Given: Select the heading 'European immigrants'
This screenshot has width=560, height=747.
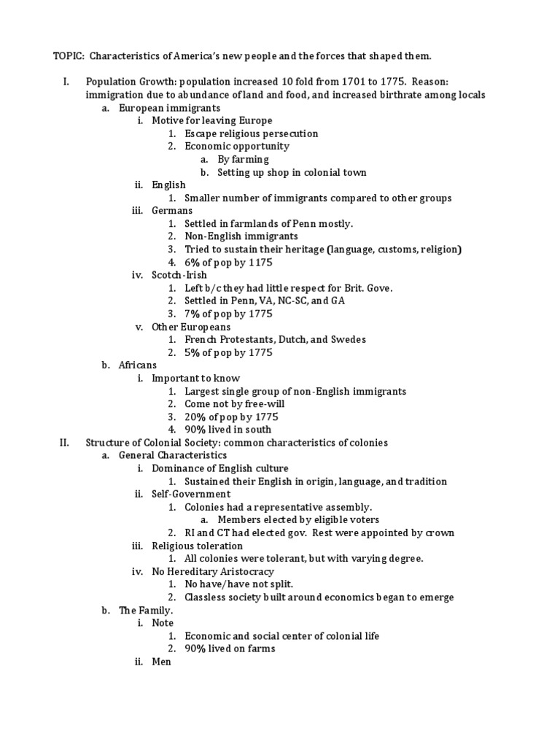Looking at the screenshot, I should [159, 107].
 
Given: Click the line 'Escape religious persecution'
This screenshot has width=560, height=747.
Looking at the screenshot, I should [251, 133].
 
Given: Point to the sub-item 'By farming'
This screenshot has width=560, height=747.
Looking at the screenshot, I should [243, 159].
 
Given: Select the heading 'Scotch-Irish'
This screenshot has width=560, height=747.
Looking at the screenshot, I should [179, 275].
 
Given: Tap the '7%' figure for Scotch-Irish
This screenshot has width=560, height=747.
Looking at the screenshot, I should [195, 314].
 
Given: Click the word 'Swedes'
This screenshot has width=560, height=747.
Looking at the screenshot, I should [348, 339].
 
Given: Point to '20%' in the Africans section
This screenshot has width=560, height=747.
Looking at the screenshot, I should [195, 417].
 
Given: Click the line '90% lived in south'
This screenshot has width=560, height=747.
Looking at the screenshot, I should [227, 430].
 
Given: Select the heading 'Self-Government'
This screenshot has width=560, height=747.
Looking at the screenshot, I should [191, 494].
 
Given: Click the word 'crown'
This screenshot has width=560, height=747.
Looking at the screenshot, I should [438, 533].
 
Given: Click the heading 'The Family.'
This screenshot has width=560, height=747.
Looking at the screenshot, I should [146, 610].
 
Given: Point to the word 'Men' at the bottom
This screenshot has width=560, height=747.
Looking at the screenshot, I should [161, 662].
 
